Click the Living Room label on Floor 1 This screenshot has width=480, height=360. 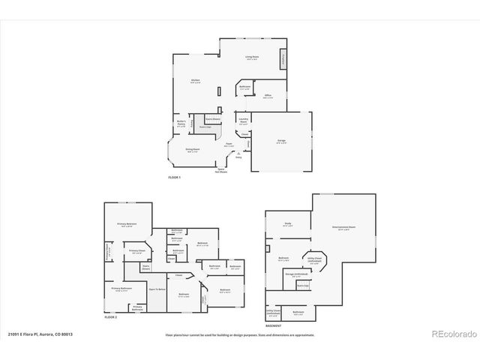251,58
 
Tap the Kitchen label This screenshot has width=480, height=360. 194,81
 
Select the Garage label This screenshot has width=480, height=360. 282,142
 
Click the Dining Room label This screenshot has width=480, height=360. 193,151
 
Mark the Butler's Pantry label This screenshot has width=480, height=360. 181,124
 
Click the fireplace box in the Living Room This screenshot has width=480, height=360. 283,58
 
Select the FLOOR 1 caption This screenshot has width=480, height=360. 175,177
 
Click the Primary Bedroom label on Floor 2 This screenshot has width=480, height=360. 126,225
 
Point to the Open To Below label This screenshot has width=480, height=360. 157,289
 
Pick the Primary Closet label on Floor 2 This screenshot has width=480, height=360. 136,251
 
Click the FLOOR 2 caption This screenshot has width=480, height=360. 111,317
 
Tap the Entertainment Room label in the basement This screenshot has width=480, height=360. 325,227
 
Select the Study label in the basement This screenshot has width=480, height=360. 288,223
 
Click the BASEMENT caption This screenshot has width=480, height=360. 274,326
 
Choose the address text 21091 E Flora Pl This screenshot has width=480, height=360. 35,334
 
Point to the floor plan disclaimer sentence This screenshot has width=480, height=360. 240,334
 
